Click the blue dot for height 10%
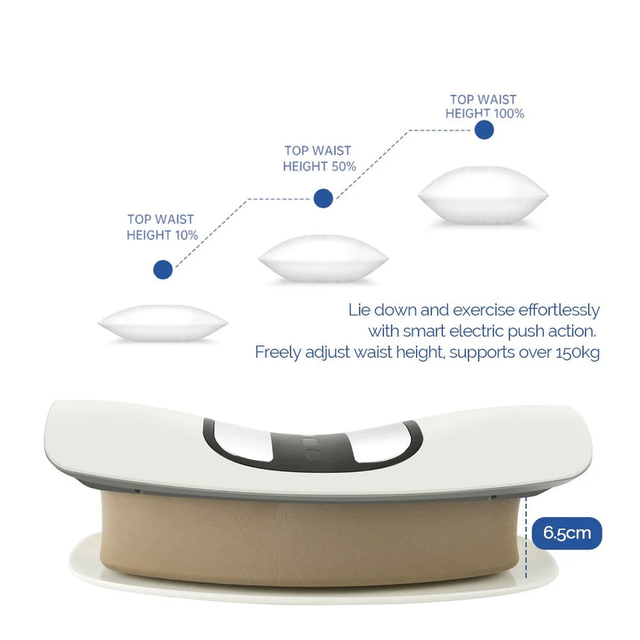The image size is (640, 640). (x=163, y=269)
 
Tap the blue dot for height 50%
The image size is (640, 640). (x=323, y=197)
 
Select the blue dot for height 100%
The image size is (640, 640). (x=484, y=129)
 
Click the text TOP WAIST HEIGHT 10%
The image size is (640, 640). (x=161, y=227)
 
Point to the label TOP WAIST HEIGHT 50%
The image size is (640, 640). (x=319, y=159)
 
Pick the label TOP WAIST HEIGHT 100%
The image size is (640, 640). (x=484, y=107)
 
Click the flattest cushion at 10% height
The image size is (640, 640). (x=163, y=323)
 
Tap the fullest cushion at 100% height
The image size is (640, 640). (x=483, y=194)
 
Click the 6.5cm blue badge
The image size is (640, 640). (x=567, y=533)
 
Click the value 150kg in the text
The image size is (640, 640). (x=577, y=352)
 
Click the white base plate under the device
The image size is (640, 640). (x=313, y=590)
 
